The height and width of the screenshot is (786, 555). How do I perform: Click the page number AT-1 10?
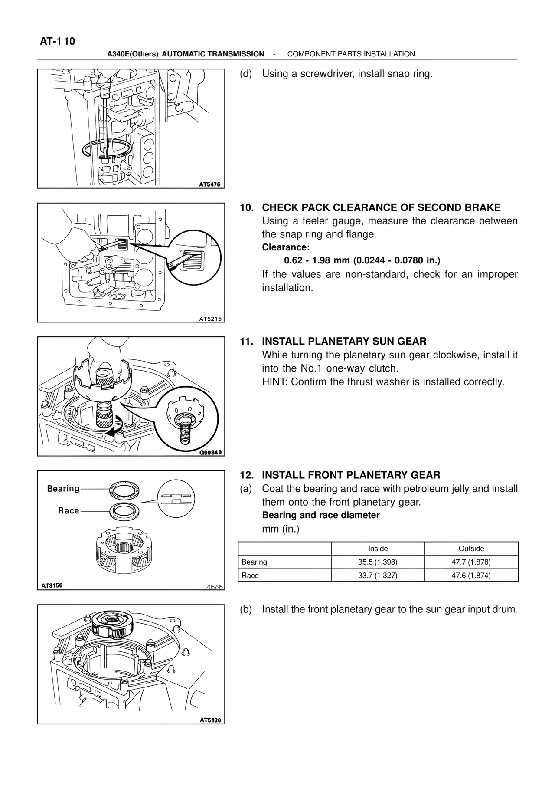pos(57,42)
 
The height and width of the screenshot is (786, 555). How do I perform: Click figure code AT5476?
pos(209,184)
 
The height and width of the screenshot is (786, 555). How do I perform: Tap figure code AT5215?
pos(210,319)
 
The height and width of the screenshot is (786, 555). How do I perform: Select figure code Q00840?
pos(210,452)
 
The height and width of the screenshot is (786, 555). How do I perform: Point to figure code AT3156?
pos(52,585)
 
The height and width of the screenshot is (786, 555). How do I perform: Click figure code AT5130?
pos(210,720)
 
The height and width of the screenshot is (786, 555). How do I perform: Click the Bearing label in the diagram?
pos(63,489)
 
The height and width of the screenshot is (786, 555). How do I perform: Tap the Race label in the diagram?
pos(69,511)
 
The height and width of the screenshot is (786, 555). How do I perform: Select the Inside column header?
pos(378,549)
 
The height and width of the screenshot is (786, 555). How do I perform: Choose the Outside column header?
pos(471,549)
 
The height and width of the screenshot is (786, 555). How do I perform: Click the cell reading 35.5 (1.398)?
pos(378,562)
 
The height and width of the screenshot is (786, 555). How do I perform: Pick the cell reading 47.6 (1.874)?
pos(471,576)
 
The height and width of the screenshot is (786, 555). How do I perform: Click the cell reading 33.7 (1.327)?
pos(378,576)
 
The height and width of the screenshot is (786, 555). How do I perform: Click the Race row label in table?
pos(250,576)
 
